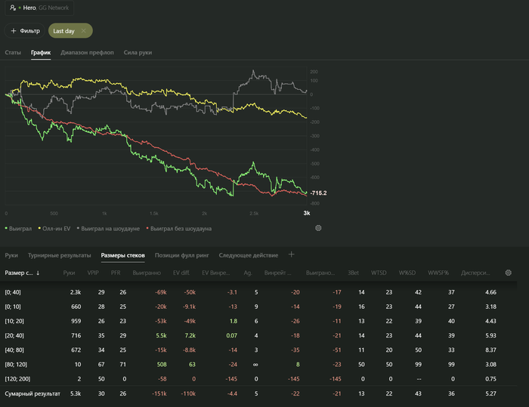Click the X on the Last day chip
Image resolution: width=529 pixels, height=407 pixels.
83,31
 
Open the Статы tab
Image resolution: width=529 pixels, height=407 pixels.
13,53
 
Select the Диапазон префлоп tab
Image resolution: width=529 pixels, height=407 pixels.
87,53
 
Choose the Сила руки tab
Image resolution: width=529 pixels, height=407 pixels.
138,53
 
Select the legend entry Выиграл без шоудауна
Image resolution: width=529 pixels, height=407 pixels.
179,228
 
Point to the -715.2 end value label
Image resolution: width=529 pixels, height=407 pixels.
318,193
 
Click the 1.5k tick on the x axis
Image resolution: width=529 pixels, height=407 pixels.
154,214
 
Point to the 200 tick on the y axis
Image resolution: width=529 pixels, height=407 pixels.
313,72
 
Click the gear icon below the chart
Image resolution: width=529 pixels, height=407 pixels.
318,228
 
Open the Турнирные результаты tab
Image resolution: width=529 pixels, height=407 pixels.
60,255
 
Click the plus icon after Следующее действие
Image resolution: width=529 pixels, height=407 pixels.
292,255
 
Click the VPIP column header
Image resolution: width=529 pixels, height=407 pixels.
93,273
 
